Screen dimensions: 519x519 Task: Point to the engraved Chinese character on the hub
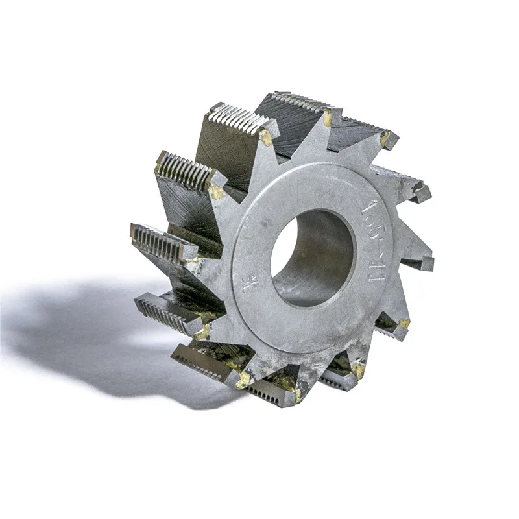(x=248, y=284)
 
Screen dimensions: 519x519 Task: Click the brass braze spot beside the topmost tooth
(x=328, y=119)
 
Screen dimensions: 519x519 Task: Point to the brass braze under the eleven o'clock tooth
(x=266, y=138)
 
